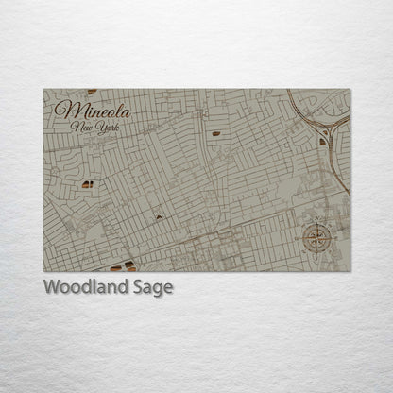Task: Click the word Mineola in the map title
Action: click(93, 110)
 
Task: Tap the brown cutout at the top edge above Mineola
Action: click(92, 92)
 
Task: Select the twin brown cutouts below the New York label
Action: click(87, 184)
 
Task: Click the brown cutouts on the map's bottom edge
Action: click(123, 265)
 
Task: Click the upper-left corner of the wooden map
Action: click(44, 90)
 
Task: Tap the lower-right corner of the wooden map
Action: click(350, 271)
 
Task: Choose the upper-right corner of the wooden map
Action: click(350, 90)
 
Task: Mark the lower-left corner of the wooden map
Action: click(44, 271)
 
